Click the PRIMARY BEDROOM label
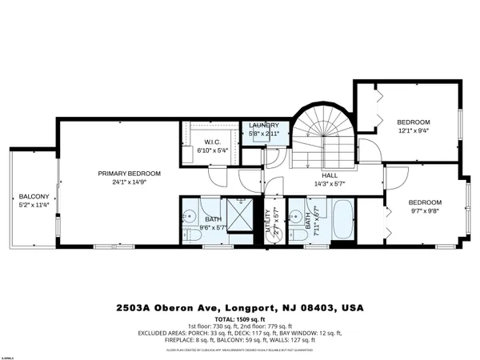(x=129, y=174)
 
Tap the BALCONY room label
(x=34, y=197)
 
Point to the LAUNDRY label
(x=263, y=126)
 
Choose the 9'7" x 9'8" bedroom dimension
(x=425, y=211)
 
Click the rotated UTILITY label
(x=268, y=218)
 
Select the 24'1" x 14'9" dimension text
(x=129, y=182)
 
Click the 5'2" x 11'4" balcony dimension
(x=34, y=205)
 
